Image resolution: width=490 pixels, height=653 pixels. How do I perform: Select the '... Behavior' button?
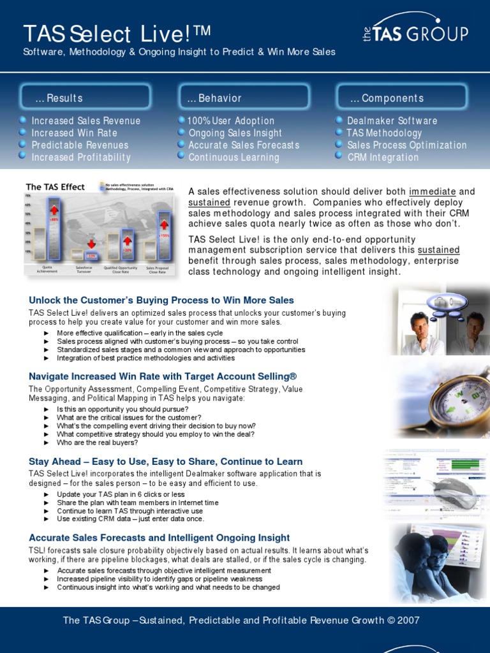244,98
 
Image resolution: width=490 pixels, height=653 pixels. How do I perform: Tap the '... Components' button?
402,98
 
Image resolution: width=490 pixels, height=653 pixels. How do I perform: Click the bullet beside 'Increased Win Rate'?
23,133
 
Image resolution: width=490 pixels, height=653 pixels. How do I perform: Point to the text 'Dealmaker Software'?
392,121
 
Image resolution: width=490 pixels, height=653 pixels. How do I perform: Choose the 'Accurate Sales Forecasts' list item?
244,145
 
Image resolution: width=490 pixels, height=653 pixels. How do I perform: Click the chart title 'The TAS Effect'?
55,187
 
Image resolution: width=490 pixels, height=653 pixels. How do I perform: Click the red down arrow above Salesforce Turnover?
91,244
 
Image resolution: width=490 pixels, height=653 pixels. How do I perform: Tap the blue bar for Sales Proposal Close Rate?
165,237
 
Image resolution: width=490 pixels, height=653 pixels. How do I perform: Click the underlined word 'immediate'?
433,191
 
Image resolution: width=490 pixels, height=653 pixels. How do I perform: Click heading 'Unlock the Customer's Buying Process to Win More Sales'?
161,300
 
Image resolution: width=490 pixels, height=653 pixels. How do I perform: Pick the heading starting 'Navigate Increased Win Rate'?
163,376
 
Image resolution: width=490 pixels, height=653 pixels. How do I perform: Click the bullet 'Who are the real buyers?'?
97,442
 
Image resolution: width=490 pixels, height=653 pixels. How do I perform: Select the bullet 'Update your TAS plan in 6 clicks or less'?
121,494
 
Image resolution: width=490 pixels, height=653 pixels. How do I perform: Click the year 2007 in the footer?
407,620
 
